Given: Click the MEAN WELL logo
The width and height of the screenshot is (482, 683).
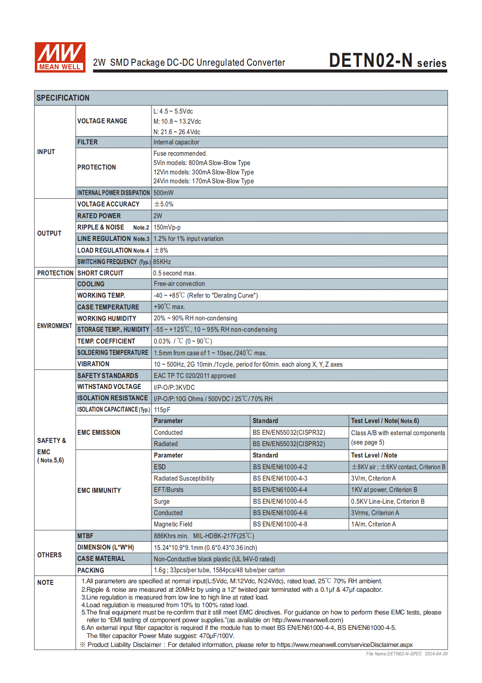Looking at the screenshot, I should coord(60,57).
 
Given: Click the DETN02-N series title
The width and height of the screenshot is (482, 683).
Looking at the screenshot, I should coord(387,61).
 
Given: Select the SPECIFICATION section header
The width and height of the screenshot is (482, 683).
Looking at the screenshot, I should coord(63,98).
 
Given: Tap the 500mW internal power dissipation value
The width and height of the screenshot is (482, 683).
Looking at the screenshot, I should coord(163,193).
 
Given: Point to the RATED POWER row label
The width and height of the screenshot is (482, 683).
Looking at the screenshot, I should coord(99,216).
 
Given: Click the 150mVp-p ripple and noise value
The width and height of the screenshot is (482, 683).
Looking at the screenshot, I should coord(167,228).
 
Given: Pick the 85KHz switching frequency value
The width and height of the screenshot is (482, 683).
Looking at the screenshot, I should coord(162,262).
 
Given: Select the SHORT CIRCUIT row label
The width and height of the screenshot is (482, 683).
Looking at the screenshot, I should coord(100,273).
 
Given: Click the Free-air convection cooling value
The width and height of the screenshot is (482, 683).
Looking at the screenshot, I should coord(179,284).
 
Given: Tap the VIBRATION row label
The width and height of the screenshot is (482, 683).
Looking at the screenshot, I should coord(93,364).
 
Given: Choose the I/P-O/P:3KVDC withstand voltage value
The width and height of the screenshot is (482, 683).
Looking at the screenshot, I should coord(174,387).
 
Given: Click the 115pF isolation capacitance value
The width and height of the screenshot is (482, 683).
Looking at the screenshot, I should coord(162,410).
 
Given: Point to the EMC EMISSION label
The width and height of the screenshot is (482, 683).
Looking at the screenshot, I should coord(99,432).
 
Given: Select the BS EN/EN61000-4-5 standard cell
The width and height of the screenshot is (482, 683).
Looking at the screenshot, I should coord(280,501).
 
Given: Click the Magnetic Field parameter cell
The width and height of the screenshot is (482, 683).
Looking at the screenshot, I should coord(173,524).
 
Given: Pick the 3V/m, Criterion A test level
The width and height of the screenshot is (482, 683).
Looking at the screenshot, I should coord(373,479).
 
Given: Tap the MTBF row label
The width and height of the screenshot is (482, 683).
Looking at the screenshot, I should coord(85,536).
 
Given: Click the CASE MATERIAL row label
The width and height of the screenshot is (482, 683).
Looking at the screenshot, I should coord(101,558).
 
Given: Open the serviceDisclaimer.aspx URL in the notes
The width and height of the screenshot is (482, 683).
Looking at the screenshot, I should coord(345,644).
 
